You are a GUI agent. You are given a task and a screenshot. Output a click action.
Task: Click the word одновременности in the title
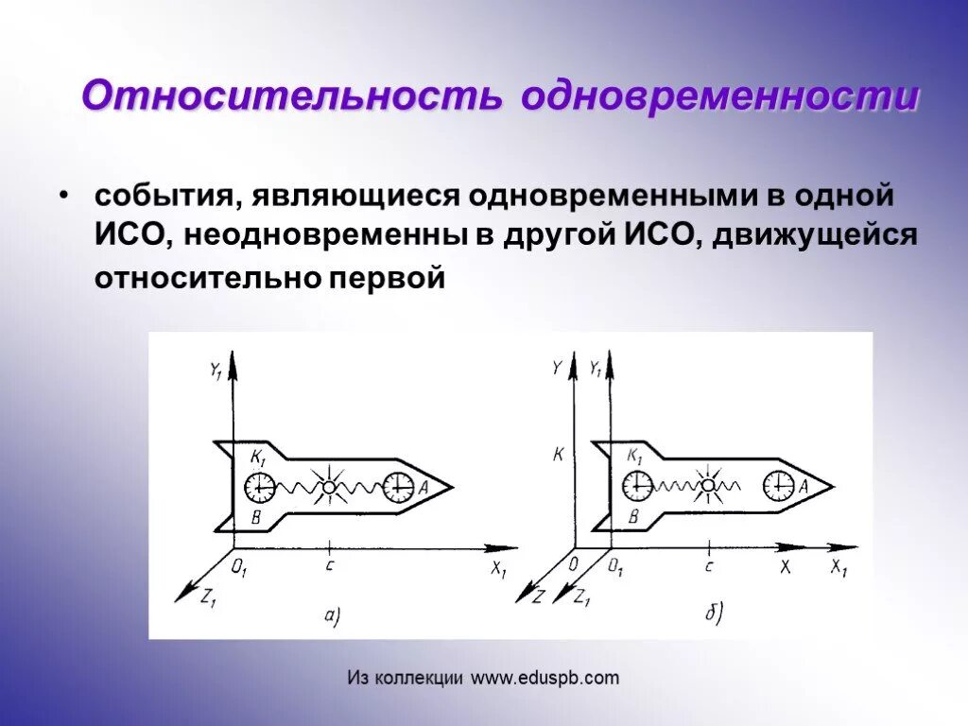click(x=718, y=95)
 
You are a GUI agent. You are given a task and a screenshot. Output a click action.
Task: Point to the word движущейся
click(x=815, y=236)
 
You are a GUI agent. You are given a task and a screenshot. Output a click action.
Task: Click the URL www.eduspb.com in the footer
click(x=545, y=678)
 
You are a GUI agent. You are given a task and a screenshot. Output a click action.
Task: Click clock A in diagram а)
click(x=398, y=487)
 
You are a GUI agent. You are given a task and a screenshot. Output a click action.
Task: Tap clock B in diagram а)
click(x=259, y=488)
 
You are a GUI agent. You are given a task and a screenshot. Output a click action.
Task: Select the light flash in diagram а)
click(x=328, y=487)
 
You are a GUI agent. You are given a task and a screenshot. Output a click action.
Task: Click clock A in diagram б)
click(x=778, y=486)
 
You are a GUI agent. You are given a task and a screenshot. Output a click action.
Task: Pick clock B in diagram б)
click(x=637, y=486)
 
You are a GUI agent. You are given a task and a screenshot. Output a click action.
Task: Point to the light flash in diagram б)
click(x=707, y=485)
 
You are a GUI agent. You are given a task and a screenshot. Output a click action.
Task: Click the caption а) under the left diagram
click(x=332, y=616)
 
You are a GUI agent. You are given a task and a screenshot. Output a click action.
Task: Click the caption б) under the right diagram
click(x=713, y=614)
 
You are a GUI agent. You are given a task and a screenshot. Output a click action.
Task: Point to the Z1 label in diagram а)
click(x=208, y=597)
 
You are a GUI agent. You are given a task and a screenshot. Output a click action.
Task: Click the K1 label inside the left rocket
click(x=257, y=458)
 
